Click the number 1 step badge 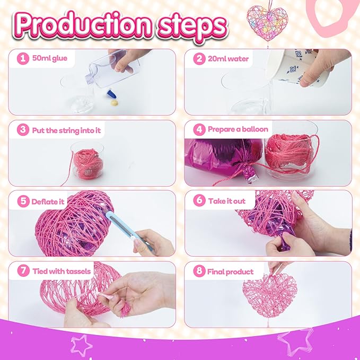23,58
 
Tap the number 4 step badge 199,129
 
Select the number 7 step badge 23,271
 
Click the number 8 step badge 199,271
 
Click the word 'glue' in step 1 59,58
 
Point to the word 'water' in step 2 238,59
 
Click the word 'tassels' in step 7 79,271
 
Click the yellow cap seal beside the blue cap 115,103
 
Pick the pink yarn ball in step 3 88,163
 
